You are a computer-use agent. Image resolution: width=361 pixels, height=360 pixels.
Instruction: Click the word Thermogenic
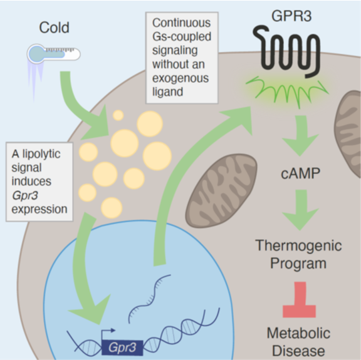click(298, 245)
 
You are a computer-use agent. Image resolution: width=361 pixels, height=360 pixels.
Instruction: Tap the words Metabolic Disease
click(298, 341)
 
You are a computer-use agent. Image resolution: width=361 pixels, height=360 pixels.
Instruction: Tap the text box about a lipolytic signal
click(38, 181)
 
